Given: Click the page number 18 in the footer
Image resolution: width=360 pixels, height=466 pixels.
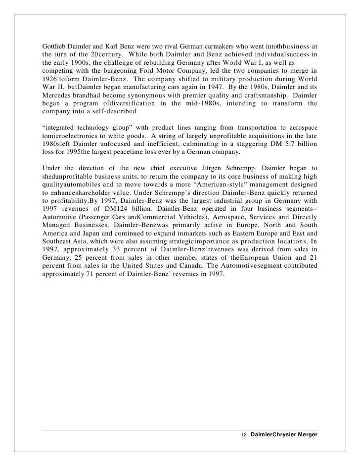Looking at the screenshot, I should coord(243,433).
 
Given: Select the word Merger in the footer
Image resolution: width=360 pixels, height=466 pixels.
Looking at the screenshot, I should coord(305,433).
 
